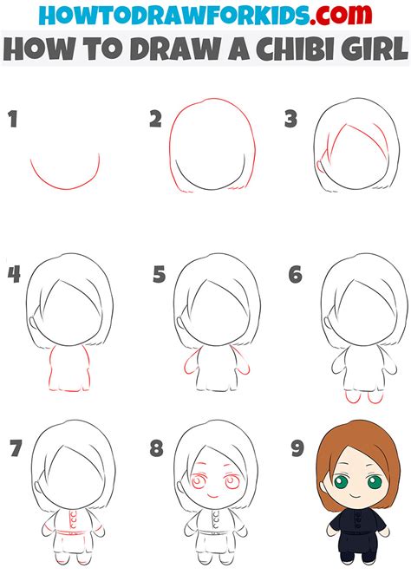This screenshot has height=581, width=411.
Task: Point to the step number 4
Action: tap(13, 275)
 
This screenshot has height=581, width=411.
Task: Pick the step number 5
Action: tap(159, 275)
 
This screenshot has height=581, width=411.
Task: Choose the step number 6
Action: tap(296, 275)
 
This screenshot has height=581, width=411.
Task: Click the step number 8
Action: tap(156, 448)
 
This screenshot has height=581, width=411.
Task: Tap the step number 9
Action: tap(296, 448)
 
